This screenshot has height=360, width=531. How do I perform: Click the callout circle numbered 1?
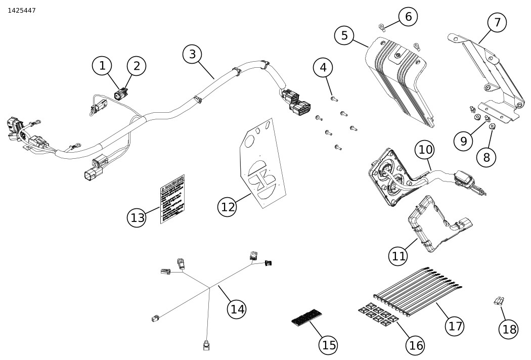pos(102,65)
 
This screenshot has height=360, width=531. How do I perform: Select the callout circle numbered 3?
pos(192,54)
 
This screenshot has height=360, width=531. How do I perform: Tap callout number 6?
pos(408,16)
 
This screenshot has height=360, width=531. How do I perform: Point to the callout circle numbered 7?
pos(497,23)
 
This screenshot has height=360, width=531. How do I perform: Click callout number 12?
pos(228,206)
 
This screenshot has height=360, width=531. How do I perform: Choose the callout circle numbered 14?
pos(237,308)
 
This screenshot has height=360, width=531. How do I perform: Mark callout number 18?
pos(509,329)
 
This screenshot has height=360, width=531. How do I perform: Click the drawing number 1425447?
pos(22,10)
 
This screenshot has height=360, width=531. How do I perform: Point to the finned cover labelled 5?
pos(400,81)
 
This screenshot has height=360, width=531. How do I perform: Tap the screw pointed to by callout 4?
pos(334,98)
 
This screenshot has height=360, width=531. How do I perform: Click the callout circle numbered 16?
pos(416,345)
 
